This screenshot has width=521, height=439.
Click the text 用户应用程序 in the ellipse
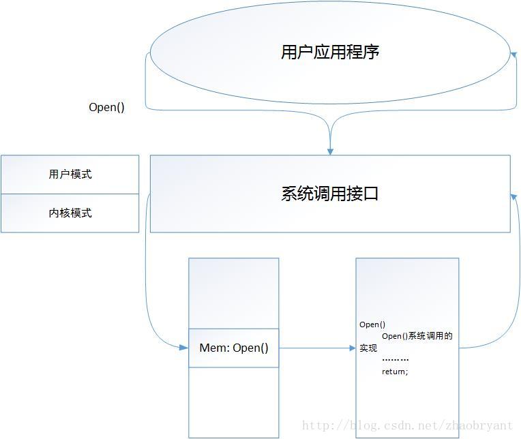(330, 52)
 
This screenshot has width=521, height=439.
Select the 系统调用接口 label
(329, 194)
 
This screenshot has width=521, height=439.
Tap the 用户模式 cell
(70, 175)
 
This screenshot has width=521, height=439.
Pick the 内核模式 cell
(70, 213)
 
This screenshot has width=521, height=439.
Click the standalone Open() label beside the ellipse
(106, 108)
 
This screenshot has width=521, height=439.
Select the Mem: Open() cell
(234, 348)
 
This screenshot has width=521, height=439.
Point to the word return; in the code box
(395, 372)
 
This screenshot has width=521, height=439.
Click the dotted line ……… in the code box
(395, 359)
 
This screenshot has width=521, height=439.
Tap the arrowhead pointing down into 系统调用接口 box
(330, 150)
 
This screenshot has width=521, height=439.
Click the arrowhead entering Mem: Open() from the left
(183, 348)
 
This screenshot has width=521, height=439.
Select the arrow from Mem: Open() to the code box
(317, 348)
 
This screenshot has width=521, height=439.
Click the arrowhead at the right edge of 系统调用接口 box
(513, 195)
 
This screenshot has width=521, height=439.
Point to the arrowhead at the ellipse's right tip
(513, 52)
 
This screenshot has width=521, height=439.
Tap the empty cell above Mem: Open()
(234, 293)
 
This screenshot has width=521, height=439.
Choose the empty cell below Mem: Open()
(234, 402)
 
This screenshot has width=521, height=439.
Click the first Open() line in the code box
(372, 324)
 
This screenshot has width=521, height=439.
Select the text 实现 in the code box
(368, 348)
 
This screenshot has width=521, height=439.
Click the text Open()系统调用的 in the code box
(417, 336)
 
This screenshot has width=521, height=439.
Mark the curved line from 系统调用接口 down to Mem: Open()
(146, 273)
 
